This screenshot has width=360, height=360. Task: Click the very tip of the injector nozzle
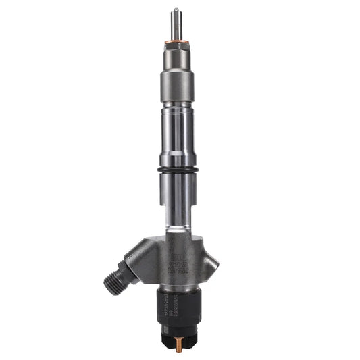tap(176, 10)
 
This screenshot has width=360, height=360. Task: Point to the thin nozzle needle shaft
tap(176, 26)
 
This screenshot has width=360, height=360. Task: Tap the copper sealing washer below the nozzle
tap(176, 45)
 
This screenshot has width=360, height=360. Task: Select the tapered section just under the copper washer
tap(176, 53)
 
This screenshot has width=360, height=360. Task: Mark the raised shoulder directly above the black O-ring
tap(176, 161)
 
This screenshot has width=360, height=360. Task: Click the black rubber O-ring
tap(176, 169)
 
